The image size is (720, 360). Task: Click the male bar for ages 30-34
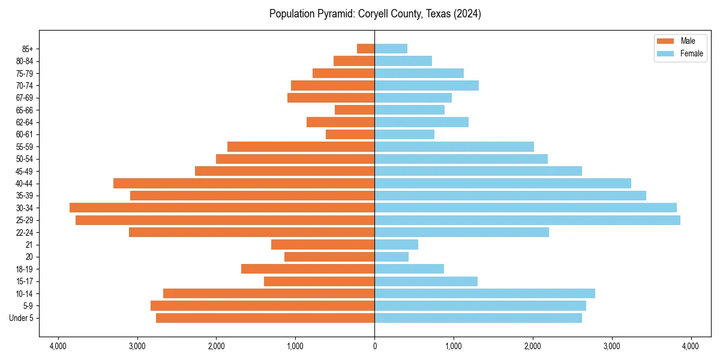(x=222, y=208)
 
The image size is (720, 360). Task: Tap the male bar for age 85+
(x=366, y=49)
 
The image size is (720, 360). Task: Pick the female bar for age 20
(x=392, y=257)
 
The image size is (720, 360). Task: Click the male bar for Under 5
(x=265, y=318)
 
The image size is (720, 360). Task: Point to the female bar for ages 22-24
(x=461, y=232)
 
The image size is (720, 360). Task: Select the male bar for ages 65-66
(x=355, y=110)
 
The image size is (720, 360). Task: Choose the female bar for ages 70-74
(x=427, y=85)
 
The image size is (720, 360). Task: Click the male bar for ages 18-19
(x=308, y=269)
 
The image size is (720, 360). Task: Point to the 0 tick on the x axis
(x=374, y=346)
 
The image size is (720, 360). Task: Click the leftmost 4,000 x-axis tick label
(x=58, y=346)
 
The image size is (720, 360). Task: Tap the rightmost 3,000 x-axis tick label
(x=611, y=346)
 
